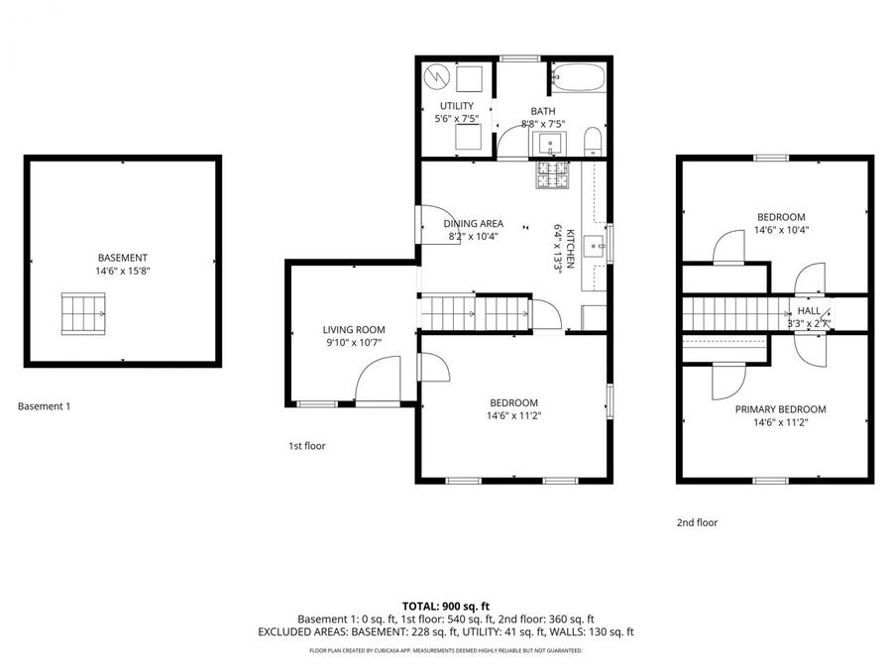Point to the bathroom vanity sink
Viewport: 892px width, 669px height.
550,145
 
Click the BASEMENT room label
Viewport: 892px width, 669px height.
122,258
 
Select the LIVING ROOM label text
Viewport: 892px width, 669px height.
354,330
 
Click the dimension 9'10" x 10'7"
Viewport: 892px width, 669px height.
354,343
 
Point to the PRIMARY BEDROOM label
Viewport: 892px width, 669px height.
780,409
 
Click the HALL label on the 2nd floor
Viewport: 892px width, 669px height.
809,311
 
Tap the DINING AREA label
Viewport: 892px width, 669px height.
473,224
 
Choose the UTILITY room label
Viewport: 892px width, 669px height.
457,106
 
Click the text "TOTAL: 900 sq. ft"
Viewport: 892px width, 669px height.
446,606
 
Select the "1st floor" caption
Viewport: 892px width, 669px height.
307,446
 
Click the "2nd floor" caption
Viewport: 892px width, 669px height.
697,522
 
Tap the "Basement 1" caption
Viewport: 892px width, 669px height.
45,405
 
